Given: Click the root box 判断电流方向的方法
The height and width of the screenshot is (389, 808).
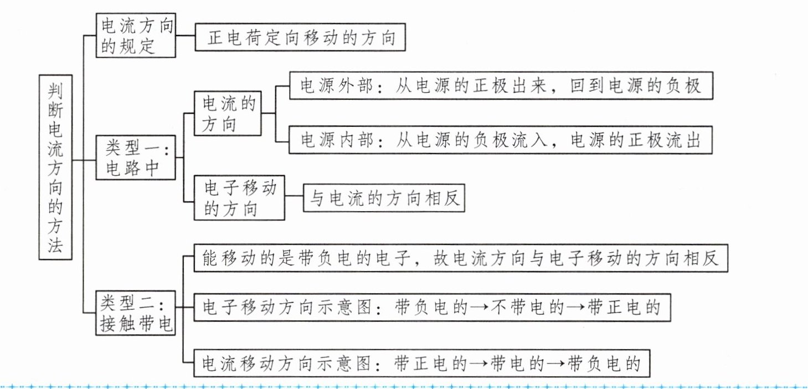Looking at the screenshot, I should [56, 167].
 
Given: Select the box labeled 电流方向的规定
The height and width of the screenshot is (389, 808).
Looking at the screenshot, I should [136, 35].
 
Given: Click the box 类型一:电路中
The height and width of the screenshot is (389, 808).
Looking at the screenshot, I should [136, 158].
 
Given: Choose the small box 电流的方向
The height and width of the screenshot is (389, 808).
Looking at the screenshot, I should [228, 114].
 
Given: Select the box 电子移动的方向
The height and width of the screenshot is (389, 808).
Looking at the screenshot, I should [240, 198].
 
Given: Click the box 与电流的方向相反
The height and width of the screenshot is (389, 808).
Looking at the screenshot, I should [384, 198].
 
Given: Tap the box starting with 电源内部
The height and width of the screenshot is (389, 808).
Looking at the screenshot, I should [501, 140].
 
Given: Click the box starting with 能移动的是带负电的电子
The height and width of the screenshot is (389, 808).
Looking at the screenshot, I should [460, 258].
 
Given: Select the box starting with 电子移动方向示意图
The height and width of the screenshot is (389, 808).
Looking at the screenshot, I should [432, 306].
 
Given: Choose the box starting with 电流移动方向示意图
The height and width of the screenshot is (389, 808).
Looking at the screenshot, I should [421, 364].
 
